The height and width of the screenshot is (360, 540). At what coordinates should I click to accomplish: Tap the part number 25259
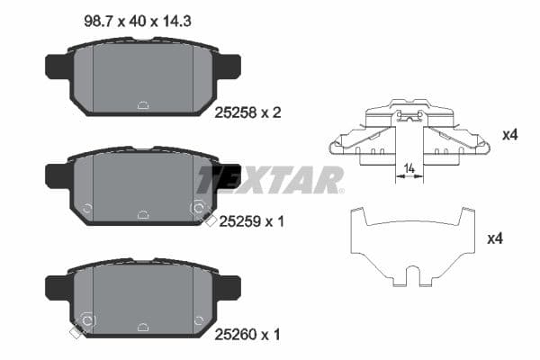(232, 220)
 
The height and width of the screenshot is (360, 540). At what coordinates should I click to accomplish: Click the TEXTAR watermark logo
(270, 179)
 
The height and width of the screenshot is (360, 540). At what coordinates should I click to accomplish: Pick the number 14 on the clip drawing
(409, 167)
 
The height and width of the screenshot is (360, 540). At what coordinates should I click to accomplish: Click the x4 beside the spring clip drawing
(508, 135)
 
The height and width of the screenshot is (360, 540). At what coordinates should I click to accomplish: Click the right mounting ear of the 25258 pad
(229, 66)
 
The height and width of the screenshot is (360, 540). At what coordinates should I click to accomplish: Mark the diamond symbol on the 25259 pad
(210, 221)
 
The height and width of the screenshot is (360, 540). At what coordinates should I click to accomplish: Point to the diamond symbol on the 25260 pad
(76, 333)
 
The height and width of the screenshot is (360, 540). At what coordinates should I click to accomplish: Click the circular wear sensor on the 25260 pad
(88, 320)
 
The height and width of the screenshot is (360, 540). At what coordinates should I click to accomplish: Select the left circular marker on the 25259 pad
(87, 209)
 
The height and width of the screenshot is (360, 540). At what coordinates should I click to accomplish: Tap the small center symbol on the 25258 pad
(143, 104)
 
